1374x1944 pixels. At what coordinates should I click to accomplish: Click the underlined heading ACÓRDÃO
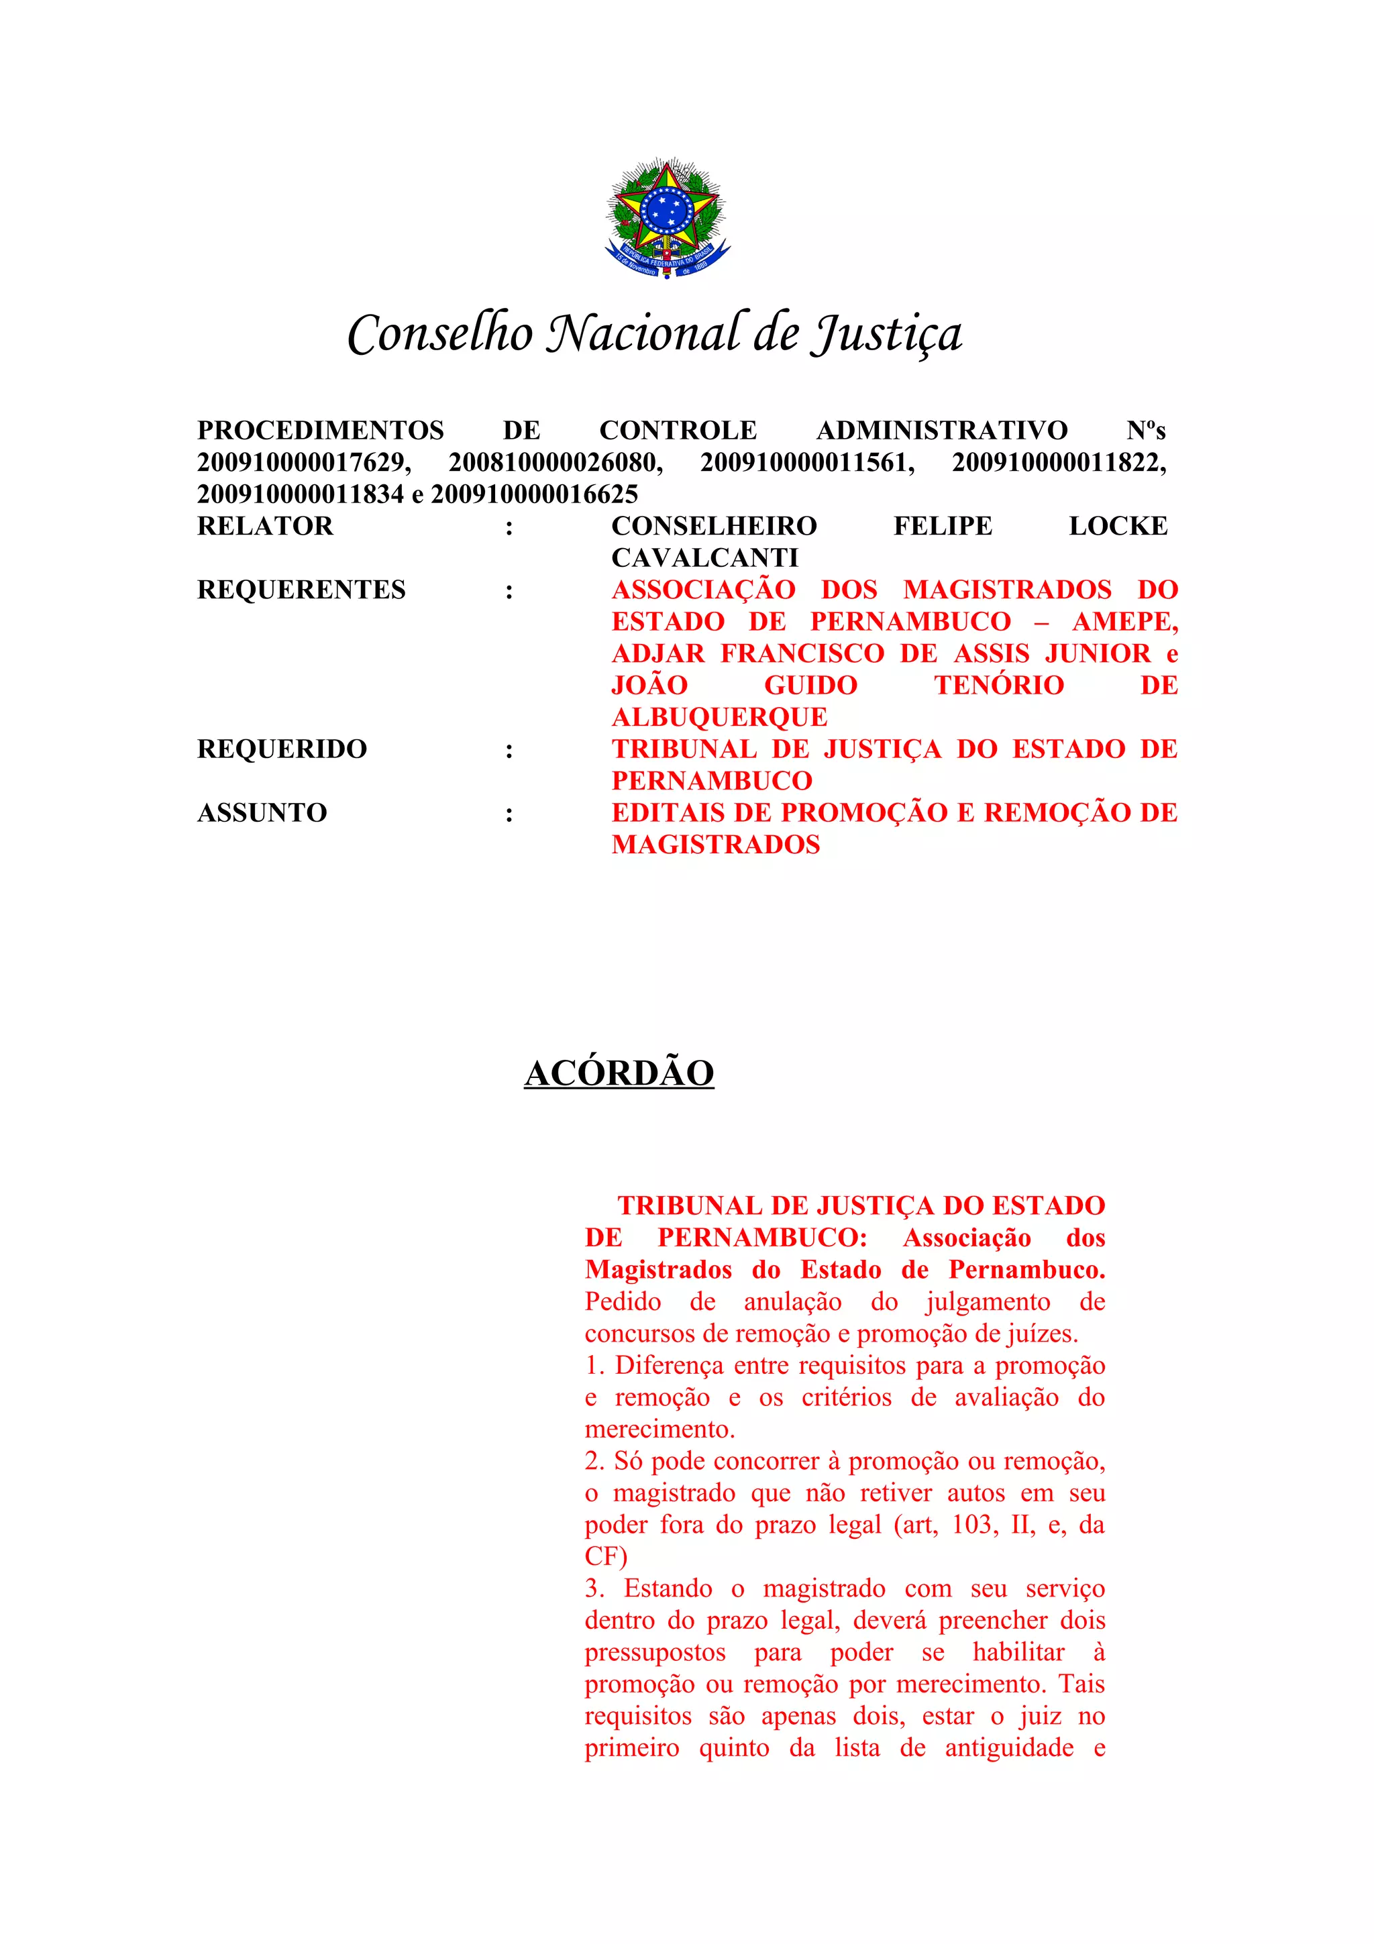coord(619,1073)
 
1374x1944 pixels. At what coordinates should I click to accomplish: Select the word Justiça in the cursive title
coord(886,333)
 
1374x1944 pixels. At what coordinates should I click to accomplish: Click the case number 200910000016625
coord(534,494)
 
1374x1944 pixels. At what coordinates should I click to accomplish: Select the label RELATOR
coord(265,527)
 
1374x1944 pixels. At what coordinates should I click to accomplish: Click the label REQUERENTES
coord(301,590)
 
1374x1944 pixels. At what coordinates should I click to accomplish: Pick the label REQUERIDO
coord(282,749)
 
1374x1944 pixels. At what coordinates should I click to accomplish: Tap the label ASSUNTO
coord(262,813)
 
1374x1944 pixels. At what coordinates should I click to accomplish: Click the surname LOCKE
coord(1118,527)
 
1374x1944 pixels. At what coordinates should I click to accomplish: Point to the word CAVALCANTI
coord(704,558)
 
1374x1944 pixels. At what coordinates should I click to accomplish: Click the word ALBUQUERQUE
coord(720,718)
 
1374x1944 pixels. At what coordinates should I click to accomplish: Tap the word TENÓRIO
coord(999,686)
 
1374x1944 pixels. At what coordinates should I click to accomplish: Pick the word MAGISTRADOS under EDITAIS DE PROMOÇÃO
coord(715,845)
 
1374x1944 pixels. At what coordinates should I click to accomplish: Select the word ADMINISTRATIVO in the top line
coord(941,431)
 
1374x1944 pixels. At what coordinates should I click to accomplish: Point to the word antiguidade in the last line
coord(1009,1748)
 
